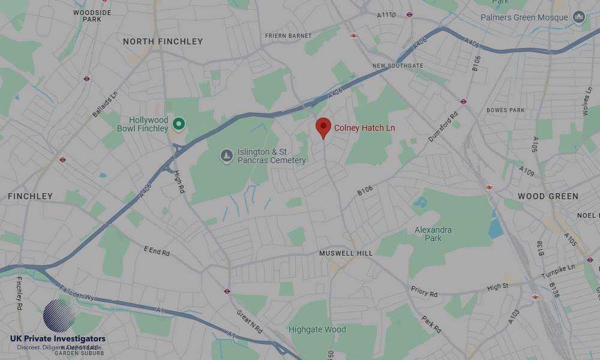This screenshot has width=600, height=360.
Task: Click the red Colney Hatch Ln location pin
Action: click(323, 127)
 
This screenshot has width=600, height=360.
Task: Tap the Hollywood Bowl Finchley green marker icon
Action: click(178, 124)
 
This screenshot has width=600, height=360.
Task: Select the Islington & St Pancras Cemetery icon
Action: click(226, 156)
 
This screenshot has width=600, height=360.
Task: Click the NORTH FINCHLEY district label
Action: click(163, 41)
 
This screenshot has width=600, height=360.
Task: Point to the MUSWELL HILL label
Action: click(346, 253)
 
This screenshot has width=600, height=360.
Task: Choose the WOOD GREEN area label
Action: click(548, 196)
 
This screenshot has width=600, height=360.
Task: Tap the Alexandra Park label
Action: click(433, 234)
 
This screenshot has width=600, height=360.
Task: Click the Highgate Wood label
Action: click(317, 329)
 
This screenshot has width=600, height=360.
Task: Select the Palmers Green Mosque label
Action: click(524, 17)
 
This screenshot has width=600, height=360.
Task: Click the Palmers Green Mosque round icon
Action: click(579, 17)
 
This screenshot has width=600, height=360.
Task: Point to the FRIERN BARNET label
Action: click(288, 36)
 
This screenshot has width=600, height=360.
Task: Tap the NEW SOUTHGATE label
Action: click(397, 66)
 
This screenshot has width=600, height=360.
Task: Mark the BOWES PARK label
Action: click(505, 110)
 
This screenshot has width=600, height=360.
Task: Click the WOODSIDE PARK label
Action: click(92, 16)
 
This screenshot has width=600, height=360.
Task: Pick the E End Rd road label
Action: click(157, 251)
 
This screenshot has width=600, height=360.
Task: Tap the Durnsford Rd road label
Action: click(443, 127)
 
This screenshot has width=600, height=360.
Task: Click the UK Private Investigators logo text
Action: click(58, 339)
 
